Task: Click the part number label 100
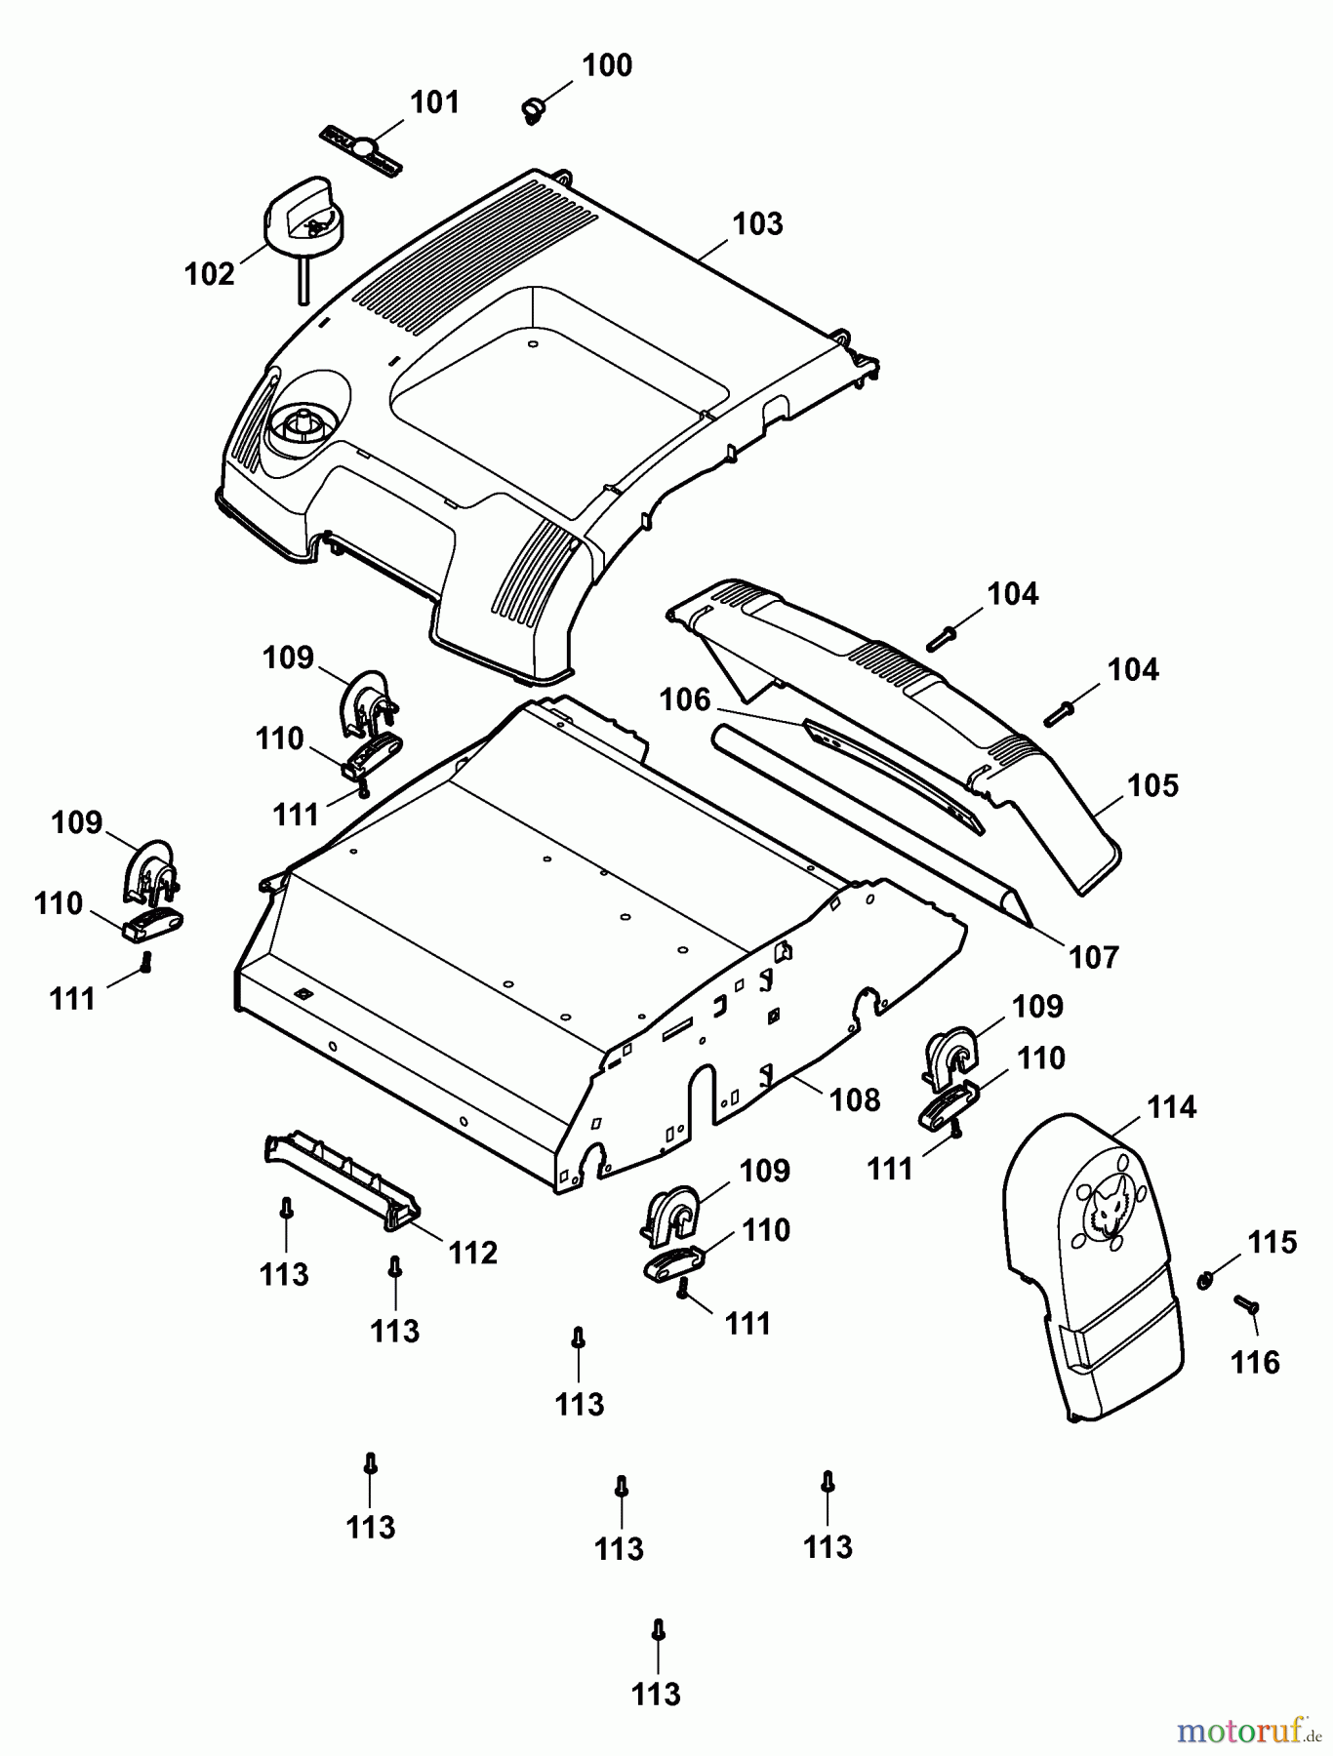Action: (606, 65)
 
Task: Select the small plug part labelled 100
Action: (532, 109)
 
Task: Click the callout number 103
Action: (757, 223)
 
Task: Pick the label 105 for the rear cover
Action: (1152, 785)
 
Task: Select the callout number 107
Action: (1093, 957)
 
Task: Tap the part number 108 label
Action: (854, 1099)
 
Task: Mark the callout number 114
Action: (1170, 1107)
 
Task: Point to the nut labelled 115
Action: (1205, 1279)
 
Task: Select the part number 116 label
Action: (1255, 1361)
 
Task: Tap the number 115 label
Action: (1272, 1242)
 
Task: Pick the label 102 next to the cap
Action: (210, 274)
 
